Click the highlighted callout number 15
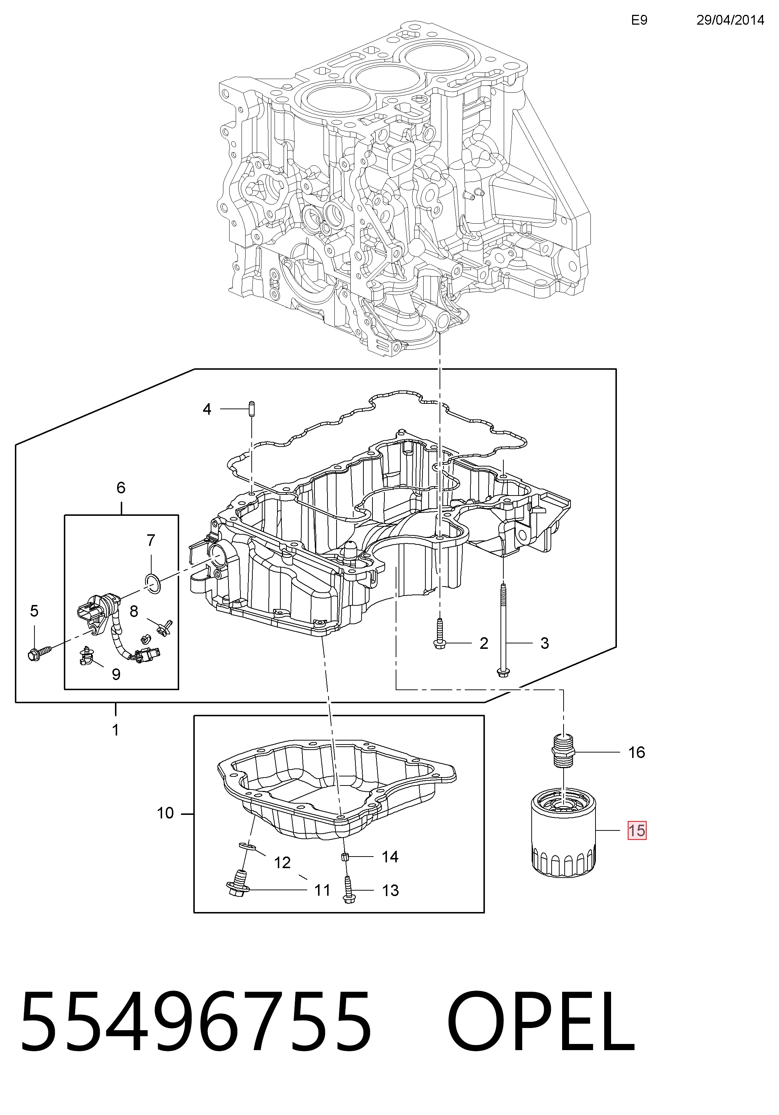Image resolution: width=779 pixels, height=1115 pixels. point(636,830)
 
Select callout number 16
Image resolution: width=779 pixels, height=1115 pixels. point(636,752)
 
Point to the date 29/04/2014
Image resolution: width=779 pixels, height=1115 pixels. point(730,20)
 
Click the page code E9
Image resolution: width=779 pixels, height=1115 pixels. point(639,20)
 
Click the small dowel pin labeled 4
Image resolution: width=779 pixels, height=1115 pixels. point(252,409)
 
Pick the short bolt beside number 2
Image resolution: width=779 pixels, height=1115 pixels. point(439,633)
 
